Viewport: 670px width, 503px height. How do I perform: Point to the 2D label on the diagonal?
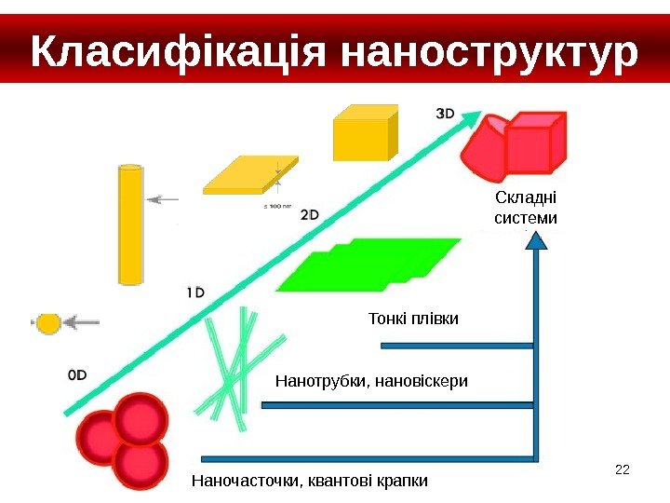click(x=310, y=214)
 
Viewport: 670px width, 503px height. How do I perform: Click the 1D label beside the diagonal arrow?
click(x=195, y=292)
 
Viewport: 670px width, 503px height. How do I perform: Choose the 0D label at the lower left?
click(x=78, y=374)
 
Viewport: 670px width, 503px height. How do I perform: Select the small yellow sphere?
click(x=47, y=323)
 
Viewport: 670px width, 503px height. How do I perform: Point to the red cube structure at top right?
click(x=516, y=144)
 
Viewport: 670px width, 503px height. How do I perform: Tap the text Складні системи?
click(x=526, y=209)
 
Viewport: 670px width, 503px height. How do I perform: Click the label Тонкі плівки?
click(x=414, y=319)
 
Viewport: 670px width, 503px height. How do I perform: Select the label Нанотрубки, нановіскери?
click(x=372, y=381)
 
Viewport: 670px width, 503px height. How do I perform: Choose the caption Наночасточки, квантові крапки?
click(x=309, y=481)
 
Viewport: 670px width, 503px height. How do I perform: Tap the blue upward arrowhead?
click(x=536, y=241)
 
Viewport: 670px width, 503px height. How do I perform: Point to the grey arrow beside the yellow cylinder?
click(x=165, y=198)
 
